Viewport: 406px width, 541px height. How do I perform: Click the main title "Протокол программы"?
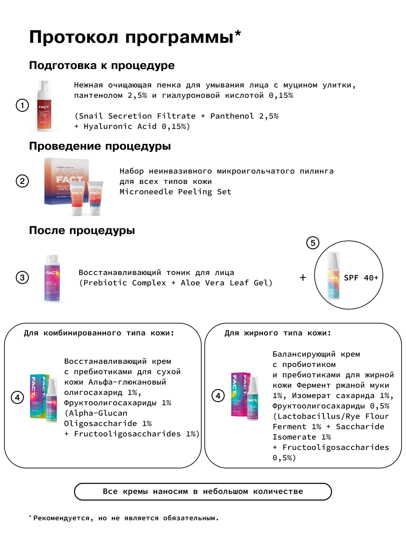(x=135, y=37)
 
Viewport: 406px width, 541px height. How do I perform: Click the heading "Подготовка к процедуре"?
(x=101, y=65)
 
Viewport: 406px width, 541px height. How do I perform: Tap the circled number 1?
(x=22, y=106)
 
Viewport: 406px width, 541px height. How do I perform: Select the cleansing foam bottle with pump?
(x=44, y=106)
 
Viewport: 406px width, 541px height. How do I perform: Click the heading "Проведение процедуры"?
(x=100, y=147)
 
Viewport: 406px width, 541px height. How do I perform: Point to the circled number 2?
(x=22, y=181)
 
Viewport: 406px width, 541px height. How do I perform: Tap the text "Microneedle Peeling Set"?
(x=175, y=192)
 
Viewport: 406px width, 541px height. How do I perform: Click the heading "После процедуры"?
(x=82, y=231)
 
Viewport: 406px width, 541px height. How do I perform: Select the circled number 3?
(x=22, y=277)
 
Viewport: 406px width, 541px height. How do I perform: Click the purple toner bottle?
(x=52, y=277)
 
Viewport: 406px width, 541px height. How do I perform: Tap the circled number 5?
(x=313, y=243)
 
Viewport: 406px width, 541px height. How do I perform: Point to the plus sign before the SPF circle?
(x=303, y=277)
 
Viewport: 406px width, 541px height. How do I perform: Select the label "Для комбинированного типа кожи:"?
(x=99, y=333)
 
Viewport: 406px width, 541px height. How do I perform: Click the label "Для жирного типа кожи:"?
(x=278, y=333)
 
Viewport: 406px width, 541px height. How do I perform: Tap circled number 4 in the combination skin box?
(x=17, y=398)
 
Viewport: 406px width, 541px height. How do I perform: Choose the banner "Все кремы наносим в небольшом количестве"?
(x=203, y=491)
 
